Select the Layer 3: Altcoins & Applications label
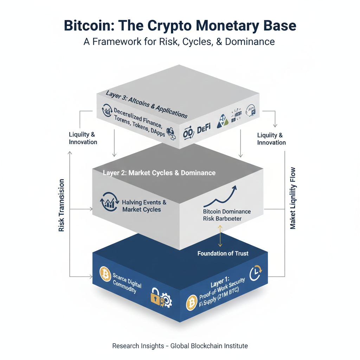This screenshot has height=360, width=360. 147,104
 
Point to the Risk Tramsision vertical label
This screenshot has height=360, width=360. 62,205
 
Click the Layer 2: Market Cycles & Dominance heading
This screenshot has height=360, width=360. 159,173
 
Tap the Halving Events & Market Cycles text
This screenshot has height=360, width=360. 144,206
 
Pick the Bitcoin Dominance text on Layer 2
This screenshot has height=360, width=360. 227,212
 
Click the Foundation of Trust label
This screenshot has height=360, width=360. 223,253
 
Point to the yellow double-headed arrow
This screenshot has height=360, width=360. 220,236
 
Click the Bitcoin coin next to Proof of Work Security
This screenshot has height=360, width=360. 192,302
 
